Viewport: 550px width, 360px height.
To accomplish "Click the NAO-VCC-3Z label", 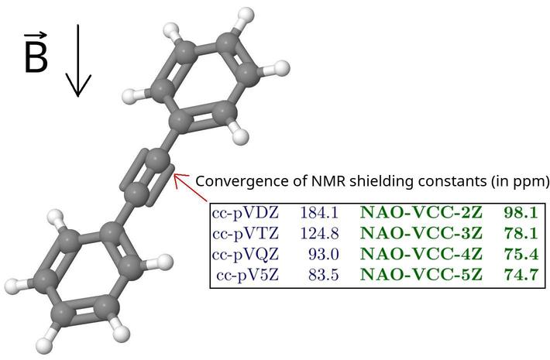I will (421, 233).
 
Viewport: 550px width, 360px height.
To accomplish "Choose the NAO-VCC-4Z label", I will (421, 254).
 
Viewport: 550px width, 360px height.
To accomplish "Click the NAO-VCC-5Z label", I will (421, 275).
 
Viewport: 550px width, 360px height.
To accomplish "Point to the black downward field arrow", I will (77, 62).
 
